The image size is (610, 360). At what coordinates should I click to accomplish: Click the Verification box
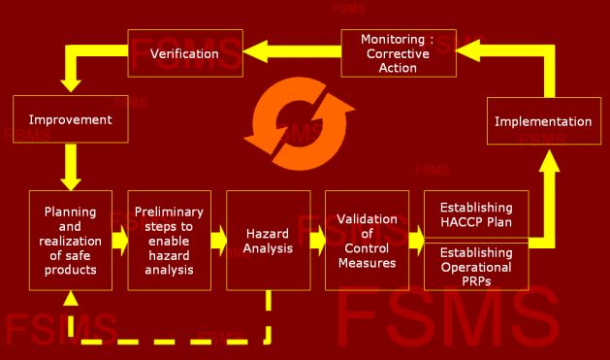(185, 53)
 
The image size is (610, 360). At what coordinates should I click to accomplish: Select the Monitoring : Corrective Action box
(399, 53)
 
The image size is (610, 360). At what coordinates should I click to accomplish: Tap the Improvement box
(71, 119)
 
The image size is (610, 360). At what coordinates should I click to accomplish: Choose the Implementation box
(544, 121)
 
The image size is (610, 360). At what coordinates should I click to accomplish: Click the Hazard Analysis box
(269, 241)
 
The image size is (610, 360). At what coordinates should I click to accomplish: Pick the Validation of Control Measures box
(368, 241)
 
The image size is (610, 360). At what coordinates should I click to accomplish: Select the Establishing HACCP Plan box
(476, 214)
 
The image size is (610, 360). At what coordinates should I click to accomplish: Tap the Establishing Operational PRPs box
(476, 267)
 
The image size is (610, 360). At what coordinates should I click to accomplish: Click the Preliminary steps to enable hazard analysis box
(169, 241)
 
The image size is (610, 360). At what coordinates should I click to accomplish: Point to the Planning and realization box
(71, 241)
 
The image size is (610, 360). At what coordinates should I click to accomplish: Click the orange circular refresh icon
(299, 124)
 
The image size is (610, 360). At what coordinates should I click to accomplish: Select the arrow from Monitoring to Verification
(292, 51)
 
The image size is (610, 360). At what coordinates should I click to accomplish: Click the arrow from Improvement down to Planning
(71, 167)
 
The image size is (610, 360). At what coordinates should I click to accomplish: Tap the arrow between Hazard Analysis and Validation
(318, 241)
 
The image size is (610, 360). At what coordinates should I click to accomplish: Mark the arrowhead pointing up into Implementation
(549, 161)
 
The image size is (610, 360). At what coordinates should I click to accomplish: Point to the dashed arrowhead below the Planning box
(71, 298)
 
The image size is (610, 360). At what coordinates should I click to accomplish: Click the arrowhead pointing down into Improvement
(71, 86)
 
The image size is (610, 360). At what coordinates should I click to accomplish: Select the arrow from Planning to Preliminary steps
(120, 241)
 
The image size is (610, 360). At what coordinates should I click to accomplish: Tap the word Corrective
(398, 53)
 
